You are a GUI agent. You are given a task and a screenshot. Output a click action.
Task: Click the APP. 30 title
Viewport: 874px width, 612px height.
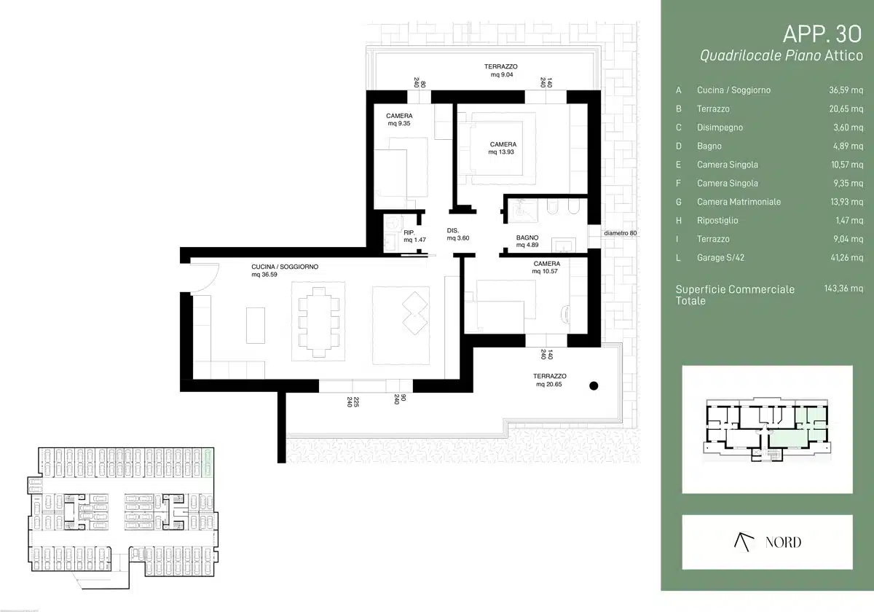click(x=822, y=34)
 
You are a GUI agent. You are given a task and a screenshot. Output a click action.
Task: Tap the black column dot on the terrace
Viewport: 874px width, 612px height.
click(x=594, y=385)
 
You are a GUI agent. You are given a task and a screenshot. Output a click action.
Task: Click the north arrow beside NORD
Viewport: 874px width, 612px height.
click(x=744, y=542)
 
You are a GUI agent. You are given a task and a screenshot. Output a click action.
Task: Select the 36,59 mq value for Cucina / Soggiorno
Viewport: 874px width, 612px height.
click(x=846, y=90)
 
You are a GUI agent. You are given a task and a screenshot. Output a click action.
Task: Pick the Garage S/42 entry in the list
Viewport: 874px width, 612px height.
click(x=720, y=258)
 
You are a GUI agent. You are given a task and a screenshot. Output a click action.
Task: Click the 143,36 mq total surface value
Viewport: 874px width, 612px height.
click(x=843, y=289)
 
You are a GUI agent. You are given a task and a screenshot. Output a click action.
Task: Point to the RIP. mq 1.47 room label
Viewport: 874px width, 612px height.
click(x=414, y=236)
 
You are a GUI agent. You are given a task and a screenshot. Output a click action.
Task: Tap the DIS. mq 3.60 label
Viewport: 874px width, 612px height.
click(x=457, y=234)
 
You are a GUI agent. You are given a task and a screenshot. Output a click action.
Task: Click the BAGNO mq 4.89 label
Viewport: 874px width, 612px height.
click(x=527, y=241)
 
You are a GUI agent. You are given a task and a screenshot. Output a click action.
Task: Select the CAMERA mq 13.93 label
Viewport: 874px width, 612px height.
click(x=503, y=149)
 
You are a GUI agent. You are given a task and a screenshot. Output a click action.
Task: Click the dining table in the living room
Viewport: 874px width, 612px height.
click(x=319, y=322)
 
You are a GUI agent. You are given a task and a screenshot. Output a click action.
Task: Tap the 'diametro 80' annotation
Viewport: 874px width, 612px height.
click(x=620, y=233)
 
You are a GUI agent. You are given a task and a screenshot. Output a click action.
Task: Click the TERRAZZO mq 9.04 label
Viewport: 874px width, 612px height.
click(x=501, y=71)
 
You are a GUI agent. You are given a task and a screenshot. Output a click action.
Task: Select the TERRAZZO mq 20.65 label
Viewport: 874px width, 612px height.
click(x=549, y=380)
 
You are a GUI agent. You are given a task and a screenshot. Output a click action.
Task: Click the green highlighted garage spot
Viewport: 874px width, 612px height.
click(x=208, y=463)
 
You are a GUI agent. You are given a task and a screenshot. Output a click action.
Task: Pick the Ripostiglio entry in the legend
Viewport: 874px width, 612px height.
click(x=717, y=221)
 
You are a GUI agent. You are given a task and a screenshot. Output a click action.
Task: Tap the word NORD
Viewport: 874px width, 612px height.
click(x=783, y=542)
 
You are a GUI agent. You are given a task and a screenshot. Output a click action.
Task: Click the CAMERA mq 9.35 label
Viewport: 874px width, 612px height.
click(x=399, y=119)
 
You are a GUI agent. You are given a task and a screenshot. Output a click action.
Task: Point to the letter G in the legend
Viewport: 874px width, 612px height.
click(x=679, y=202)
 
